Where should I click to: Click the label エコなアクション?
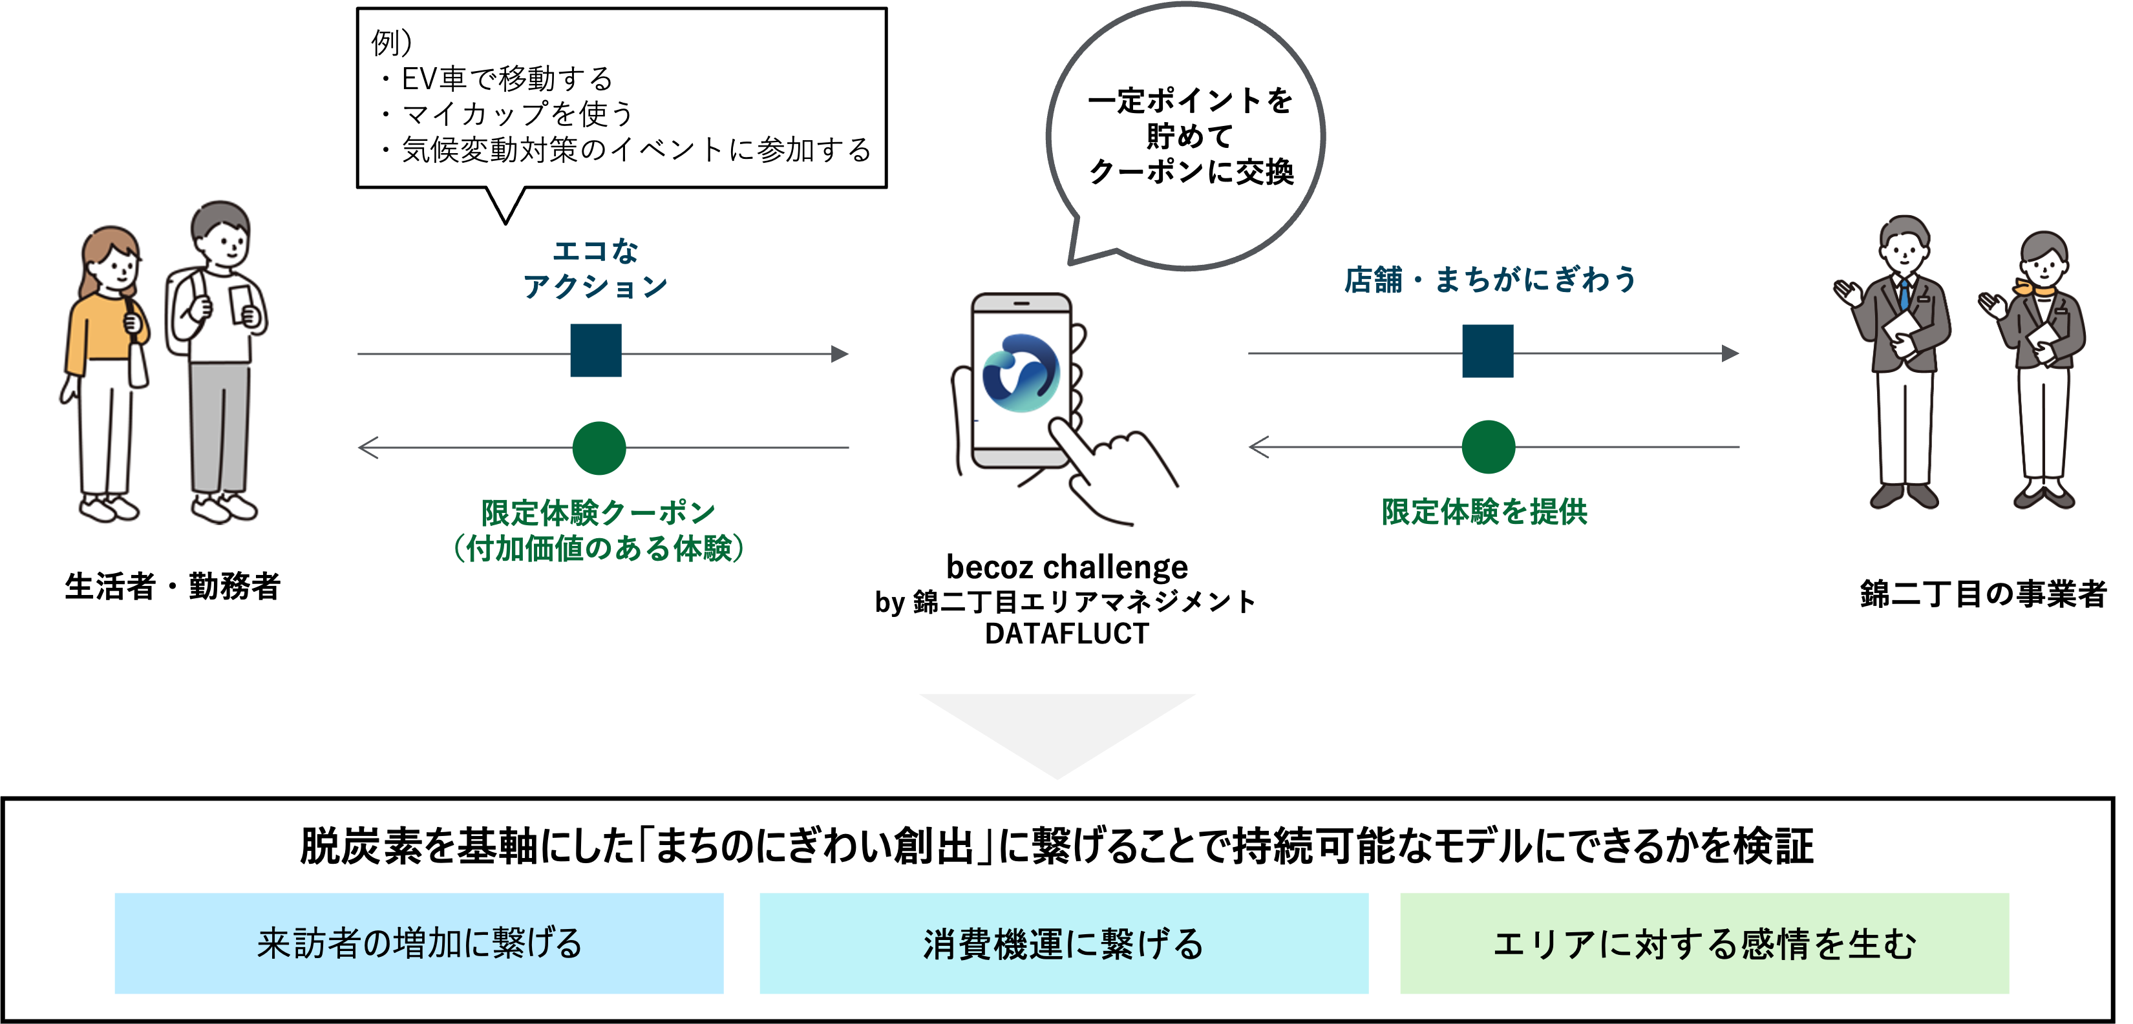[x=595, y=269]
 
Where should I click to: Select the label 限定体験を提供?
[x=1484, y=512]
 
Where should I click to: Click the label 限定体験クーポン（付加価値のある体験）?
[x=598, y=530]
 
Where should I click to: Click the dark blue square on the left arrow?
[x=595, y=351]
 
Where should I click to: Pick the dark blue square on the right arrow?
[x=1487, y=351]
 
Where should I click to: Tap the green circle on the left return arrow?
[x=599, y=448]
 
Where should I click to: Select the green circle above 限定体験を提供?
[x=1488, y=447]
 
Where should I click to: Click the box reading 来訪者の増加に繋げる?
[x=418, y=943]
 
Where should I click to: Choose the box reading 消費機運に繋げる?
[x=1063, y=943]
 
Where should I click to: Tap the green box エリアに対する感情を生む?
[x=1704, y=943]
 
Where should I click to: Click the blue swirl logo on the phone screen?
[x=1020, y=373]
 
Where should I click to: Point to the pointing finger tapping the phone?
[x=1114, y=472]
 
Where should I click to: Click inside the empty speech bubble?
[x=1185, y=132]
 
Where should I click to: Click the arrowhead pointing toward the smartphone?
[x=840, y=354]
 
